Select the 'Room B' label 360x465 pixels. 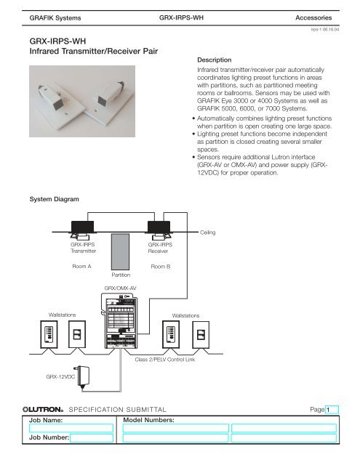[159, 267]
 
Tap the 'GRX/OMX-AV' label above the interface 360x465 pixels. [122, 289]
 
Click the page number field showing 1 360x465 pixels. [334, 411]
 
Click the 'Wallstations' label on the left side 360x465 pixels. [63, 314]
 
